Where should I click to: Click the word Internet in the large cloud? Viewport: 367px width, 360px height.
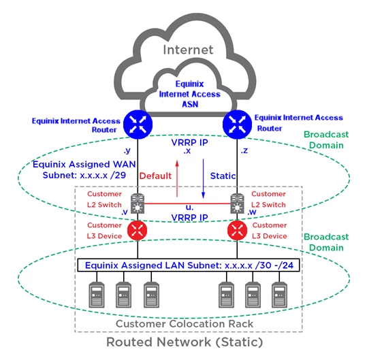coord(188,50)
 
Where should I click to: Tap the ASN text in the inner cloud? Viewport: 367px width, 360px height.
coord(190,104)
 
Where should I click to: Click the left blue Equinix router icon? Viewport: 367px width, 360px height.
coord(138,125)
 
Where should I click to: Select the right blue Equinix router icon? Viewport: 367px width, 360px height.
coord(237,125)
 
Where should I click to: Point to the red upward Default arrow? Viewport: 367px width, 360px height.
coord(177,178)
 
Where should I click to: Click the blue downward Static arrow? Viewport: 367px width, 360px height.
coord(203,179)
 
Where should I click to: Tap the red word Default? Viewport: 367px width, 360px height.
coord(155,176)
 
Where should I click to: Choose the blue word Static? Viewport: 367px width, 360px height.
coord(223,176)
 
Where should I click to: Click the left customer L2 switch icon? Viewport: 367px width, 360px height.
coord(138,203)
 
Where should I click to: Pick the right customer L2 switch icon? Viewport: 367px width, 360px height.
coord(238,203)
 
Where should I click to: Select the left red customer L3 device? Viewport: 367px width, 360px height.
coord(138,230)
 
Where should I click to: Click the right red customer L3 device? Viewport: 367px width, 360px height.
coord(238,230)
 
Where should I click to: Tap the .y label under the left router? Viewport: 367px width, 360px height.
coord(127,150)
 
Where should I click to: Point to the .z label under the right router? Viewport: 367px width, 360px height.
coord(244,150)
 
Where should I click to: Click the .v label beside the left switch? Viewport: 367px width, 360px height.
coord(125,212)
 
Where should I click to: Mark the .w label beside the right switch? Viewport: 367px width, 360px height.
coord(252,212)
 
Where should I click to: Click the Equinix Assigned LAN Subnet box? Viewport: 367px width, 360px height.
coord(189,265)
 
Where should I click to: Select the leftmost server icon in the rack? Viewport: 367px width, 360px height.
coord(97,295)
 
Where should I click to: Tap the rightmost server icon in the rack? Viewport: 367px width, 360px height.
coord(279,295)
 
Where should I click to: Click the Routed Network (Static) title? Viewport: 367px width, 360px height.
coord(185,342)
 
